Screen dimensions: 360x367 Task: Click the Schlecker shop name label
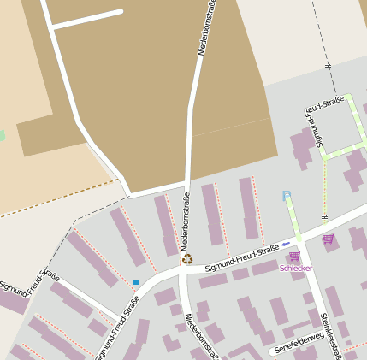pos(295,269)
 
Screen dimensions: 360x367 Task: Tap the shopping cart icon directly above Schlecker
pos(295,256)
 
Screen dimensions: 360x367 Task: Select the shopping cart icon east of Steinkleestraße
pos(329,239)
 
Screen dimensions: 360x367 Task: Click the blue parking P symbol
pos(287,196)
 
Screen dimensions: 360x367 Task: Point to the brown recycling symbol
pos(186,257)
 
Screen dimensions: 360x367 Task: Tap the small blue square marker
pos(135,281)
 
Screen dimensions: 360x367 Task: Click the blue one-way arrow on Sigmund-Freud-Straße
pos(286,245)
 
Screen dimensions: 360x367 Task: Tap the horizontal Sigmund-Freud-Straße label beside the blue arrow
pos(243,258)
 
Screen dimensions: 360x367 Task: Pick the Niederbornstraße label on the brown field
pos(206,27)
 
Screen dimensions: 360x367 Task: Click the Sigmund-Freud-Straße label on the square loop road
pos(324,120)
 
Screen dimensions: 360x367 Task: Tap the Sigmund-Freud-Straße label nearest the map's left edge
pos(29,283)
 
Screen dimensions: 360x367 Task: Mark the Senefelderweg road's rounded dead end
pos(272,351)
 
